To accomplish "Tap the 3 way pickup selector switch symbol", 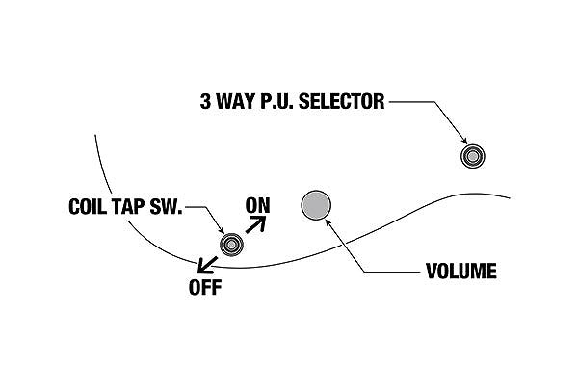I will tap(472, 155).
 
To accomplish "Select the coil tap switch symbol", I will tap(232, 245).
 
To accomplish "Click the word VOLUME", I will tap(461, 272).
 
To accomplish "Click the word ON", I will tap(258, 204).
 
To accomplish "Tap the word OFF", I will tap(204, 287).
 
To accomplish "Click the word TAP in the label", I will tap(135, 207).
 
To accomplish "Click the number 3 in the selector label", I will tap(202, 101).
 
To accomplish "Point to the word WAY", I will tap(232, 101).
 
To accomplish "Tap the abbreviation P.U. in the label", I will tap(276, 101).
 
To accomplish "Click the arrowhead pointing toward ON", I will tap(262, 220).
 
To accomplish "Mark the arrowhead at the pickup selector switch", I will tap(464, 142).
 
